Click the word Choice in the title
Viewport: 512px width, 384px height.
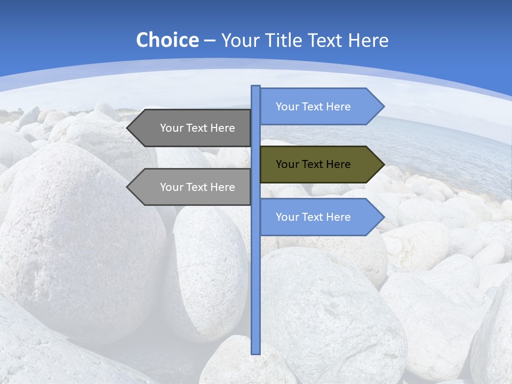tap(167, 41)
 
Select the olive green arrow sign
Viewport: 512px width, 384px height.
tap(320, 164)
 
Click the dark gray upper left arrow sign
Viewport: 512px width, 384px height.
tap(192, 128)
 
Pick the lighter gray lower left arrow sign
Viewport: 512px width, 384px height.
tap(192, 187)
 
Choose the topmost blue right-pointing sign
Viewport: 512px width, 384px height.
tap(320, 107)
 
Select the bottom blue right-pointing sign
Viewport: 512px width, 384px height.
tap(320, 217)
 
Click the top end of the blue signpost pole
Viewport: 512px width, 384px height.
tap(256, 87)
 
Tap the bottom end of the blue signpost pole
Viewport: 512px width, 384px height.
tap(256, 353)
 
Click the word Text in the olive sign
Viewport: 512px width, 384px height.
tap(313, 164)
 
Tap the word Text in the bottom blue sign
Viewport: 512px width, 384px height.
tap(313, 217)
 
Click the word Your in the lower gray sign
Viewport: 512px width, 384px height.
tap(171, 187)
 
